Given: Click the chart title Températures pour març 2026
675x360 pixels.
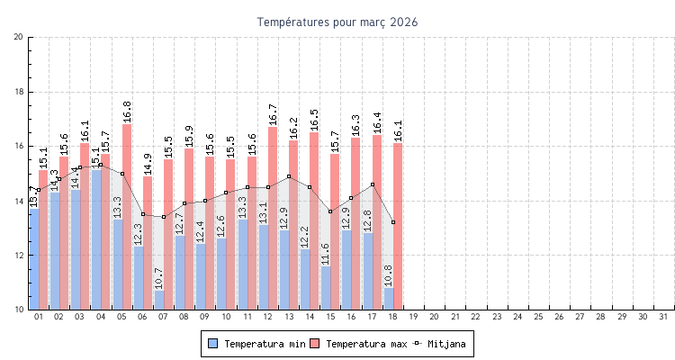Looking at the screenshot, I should [x=337, y=22].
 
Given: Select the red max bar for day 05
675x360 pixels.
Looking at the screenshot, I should [x=127, y=216].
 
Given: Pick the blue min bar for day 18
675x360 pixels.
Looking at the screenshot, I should [x=388, y=299].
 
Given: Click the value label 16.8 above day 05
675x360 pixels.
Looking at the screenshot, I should [x=127, y=111].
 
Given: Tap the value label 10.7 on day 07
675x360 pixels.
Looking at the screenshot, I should [x=158, y=277].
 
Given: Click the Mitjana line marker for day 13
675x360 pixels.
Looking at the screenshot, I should [x=289, y=176].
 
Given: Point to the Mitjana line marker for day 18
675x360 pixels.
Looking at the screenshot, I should [x=393, y=221].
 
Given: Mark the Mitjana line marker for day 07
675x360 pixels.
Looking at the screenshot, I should [x=164, y=217].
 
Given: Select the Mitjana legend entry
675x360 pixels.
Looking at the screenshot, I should [x=441, y=344].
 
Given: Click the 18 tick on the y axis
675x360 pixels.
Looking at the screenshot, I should [x=19, y=92].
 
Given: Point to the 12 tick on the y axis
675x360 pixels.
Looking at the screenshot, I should [x=19, y=255].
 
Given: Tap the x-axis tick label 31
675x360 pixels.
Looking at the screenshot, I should [x=663, y=317].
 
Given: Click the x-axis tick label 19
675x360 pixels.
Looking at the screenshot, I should [x=413, y=317].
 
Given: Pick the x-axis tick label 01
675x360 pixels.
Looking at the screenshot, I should [x=39, y=317].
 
